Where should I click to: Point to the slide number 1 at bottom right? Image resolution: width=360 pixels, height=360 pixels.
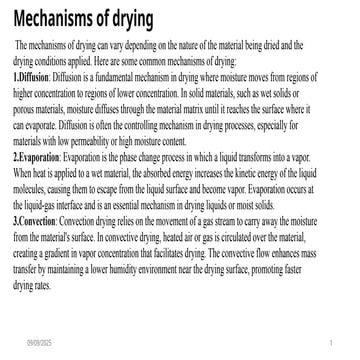click(330, 342)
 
